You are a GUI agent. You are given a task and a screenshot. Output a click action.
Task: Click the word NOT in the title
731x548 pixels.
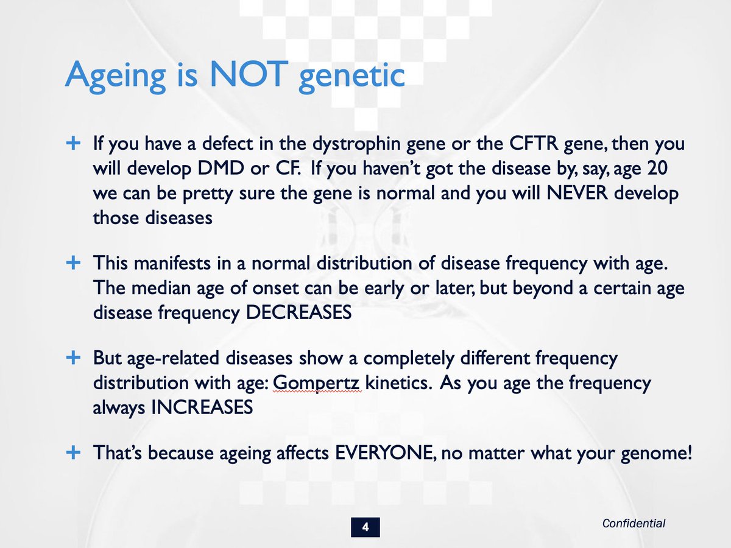tap(249, 74)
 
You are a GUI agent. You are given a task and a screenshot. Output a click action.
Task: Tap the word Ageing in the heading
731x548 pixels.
tap(115, 77)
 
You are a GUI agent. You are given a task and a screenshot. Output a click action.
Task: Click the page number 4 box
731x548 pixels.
tap(365, 527)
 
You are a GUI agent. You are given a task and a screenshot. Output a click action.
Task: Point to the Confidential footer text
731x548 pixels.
tap(634, 524)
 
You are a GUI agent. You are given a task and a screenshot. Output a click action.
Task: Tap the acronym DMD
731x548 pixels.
tap(221, 168)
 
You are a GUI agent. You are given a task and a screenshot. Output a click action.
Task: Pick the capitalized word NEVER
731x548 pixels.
tap(577, 193)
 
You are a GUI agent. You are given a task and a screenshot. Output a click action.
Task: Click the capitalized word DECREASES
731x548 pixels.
tap(298, 312)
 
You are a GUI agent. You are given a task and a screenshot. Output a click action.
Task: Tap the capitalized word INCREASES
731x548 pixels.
tap(202, 407)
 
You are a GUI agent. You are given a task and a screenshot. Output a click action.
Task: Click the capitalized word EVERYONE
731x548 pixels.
tap(384, 453)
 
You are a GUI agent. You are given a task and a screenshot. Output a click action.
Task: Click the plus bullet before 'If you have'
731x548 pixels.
tap(73, 144)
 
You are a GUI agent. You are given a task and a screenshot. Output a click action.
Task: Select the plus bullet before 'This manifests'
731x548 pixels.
tap(73, 263)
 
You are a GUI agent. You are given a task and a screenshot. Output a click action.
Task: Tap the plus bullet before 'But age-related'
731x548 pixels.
tap(73, 358)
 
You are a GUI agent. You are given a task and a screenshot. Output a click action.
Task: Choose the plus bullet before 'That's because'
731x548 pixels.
tap(73, 453)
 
